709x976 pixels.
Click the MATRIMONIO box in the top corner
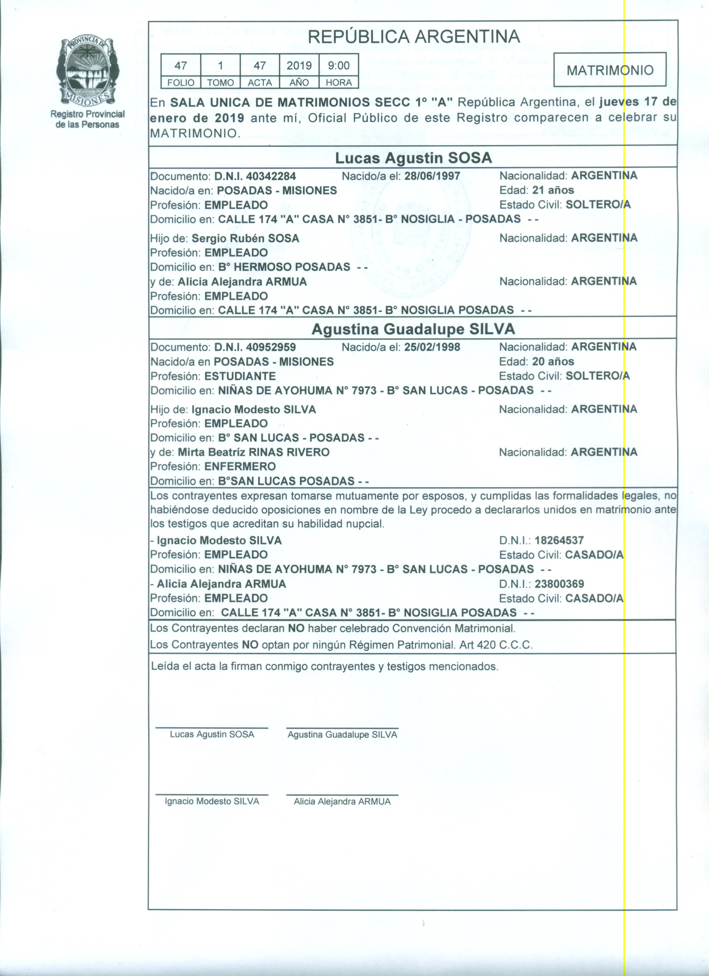tap(610, 70)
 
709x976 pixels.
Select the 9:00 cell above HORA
tap(339, 65)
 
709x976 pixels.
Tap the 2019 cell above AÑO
tap(299, 65)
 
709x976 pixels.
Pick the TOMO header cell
tap(220, 83)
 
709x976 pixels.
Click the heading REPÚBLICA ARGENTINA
tap(414, 37)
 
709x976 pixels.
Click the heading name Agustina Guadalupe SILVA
tap(413, 329)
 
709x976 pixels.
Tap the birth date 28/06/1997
tap(432, 176)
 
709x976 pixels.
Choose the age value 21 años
tap(553, 190)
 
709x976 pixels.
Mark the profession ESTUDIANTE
tap(240, 376)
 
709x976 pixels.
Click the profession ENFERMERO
tap(240, 467)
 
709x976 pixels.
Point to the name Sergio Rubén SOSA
tap(245, 238)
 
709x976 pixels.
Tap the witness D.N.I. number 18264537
tap(559, 541)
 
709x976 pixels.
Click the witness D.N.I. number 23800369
tap(559, 584)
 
